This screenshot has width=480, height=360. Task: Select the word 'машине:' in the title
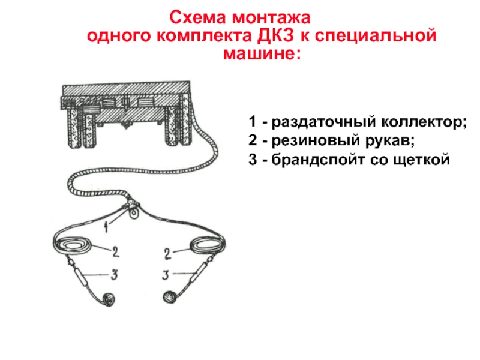tap(260, 55)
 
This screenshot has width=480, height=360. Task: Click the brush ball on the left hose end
tap(108, 299)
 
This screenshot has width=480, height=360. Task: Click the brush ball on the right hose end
tap(169, 296)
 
